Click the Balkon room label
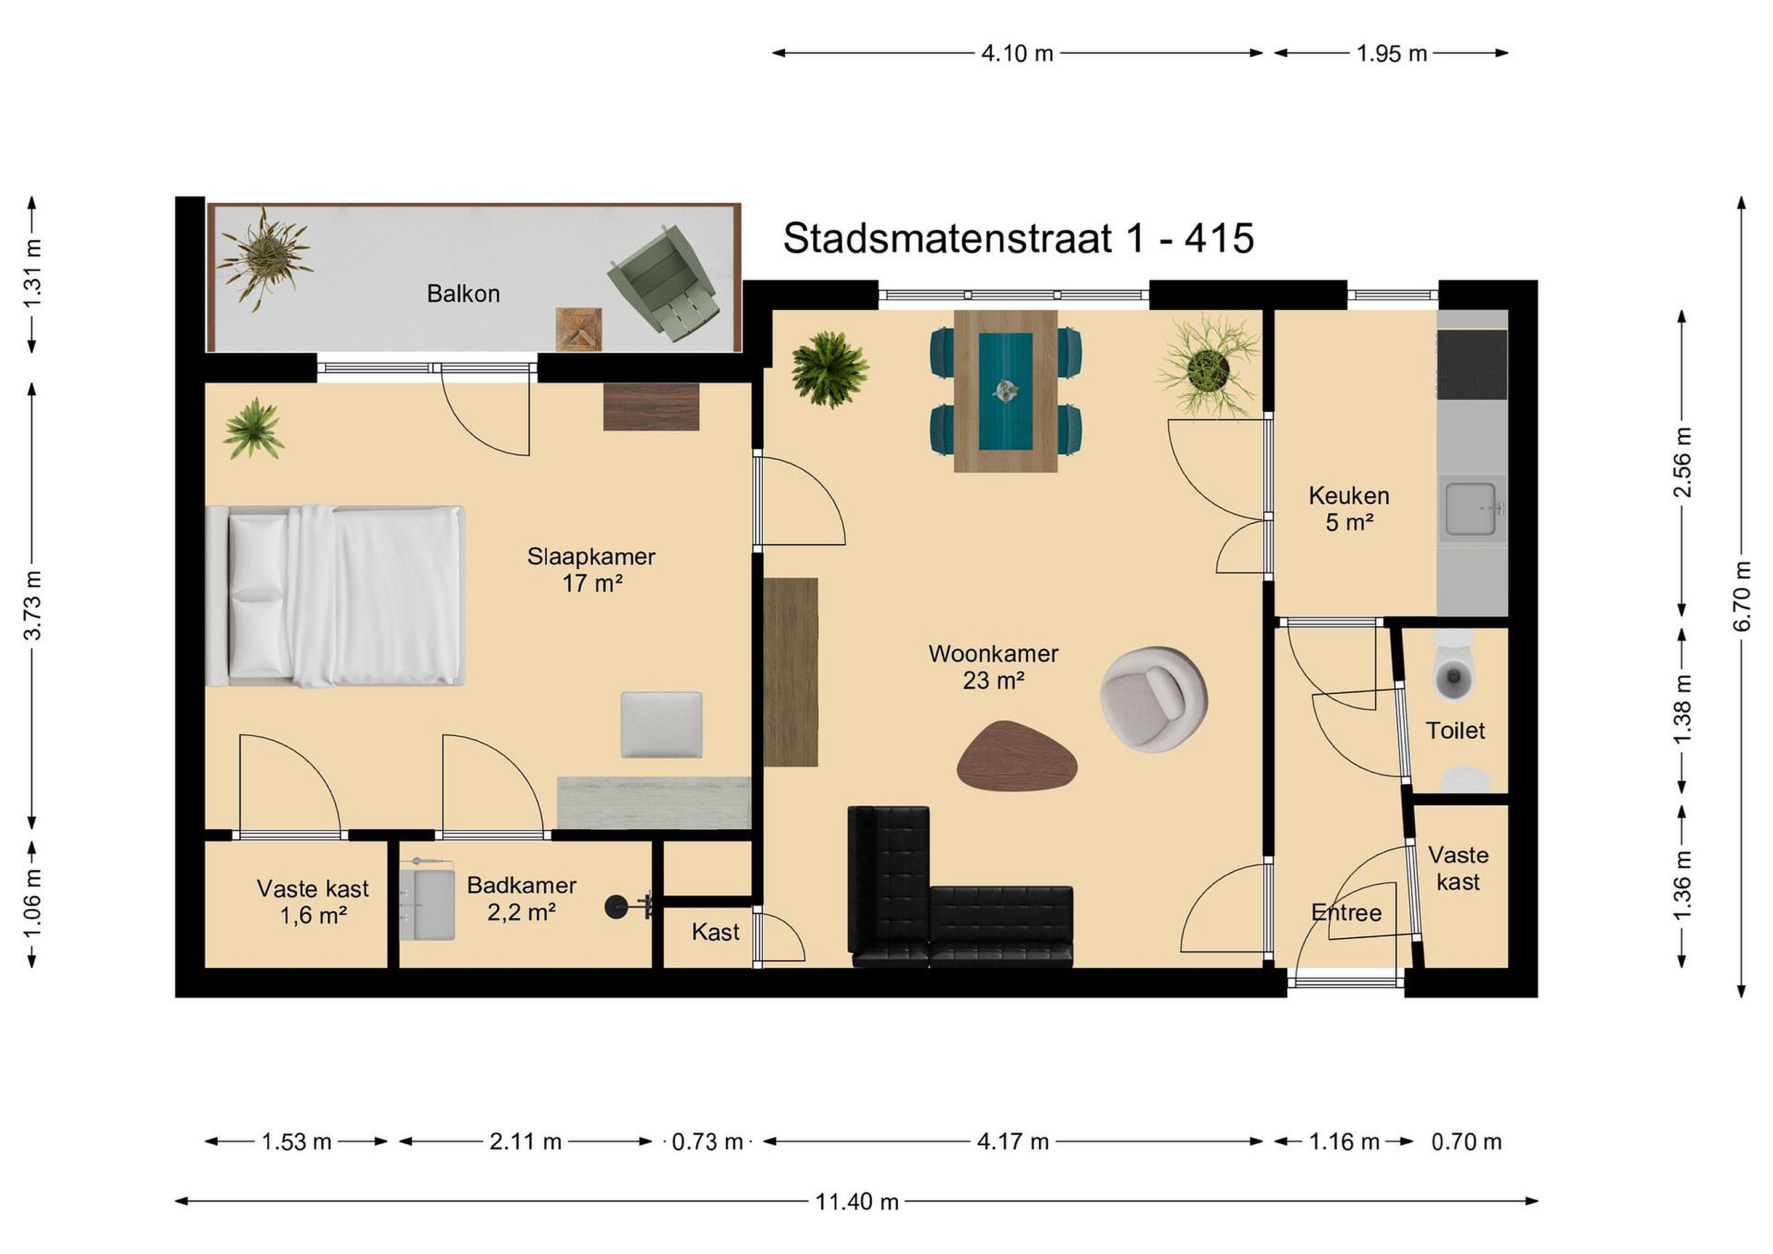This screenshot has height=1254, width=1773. coord(464,294)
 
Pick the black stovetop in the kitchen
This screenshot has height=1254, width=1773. coord(1472,364)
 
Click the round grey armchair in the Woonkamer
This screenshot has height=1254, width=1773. coord(1154,699)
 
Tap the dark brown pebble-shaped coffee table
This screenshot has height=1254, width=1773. coord(1017,756)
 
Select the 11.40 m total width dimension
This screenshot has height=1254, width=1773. coord(856,1202)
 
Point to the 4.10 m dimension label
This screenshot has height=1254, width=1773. coord(1017,54)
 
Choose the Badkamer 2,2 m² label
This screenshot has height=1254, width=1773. coord(521,899)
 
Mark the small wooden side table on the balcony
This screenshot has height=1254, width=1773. coord(579,329)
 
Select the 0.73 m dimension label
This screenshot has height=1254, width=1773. coord(707,1141)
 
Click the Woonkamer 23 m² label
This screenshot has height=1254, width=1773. coord(993,667)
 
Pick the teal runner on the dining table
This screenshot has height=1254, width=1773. coord(1005,392)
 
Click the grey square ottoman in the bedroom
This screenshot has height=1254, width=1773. coord(662,725)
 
